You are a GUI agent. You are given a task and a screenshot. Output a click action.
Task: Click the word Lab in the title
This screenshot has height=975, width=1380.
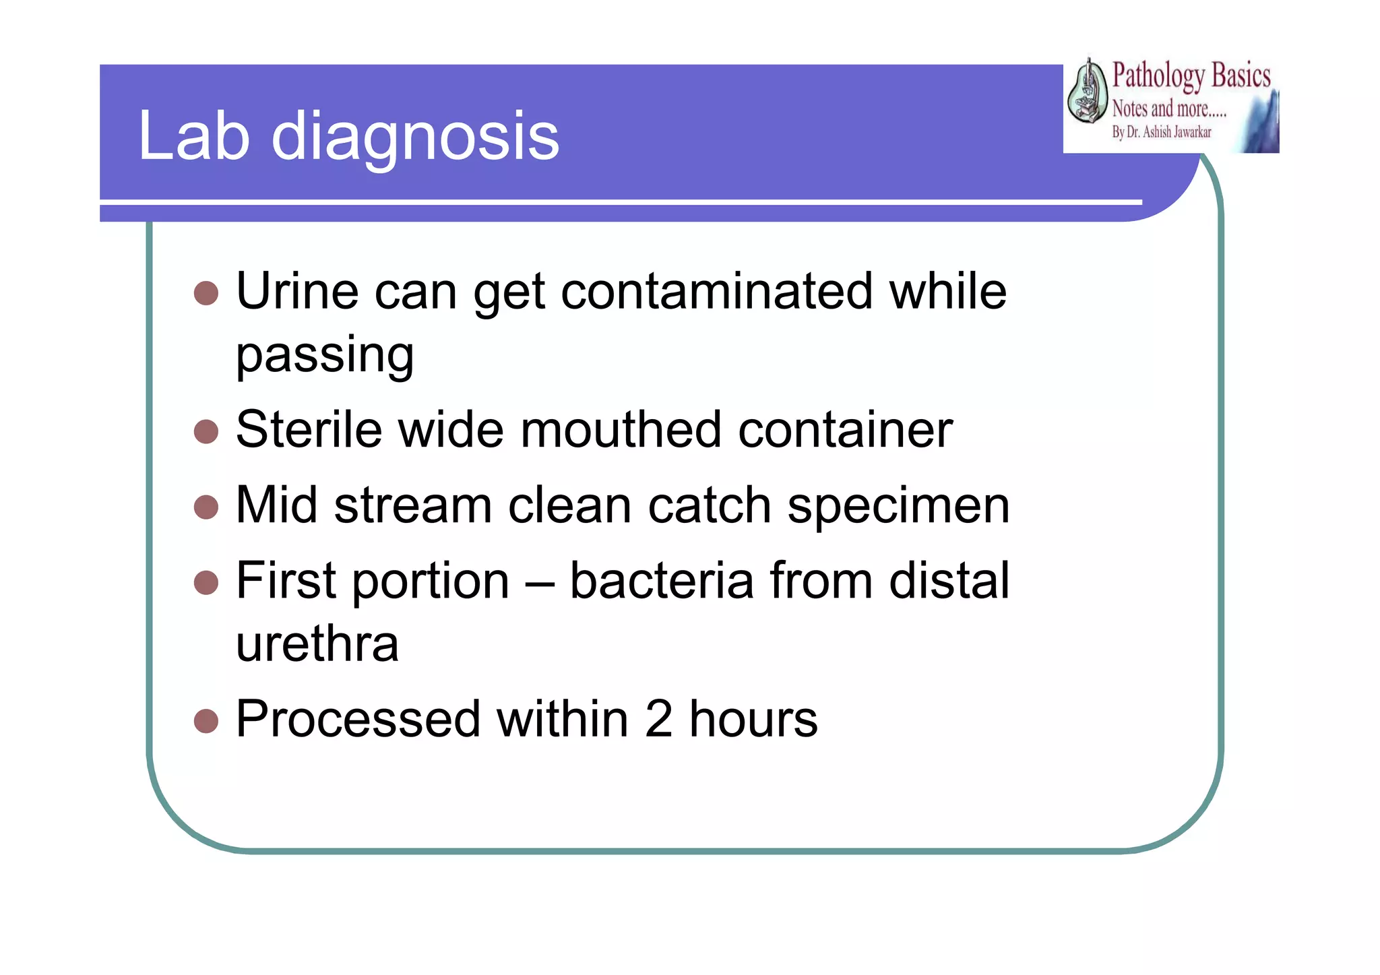[194, 137]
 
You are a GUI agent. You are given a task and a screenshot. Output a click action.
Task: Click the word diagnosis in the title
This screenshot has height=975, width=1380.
[415, 138]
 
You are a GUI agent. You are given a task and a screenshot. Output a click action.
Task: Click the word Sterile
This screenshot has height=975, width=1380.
[309, 430]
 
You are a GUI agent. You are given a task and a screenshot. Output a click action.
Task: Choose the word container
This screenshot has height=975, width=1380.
[845, 430]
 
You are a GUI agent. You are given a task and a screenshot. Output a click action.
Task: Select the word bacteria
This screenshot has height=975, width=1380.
[662, 581]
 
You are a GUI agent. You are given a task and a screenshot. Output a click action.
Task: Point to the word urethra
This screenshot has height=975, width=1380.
[317, 644]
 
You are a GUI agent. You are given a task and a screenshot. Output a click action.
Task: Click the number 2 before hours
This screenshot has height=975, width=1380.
[658, 720]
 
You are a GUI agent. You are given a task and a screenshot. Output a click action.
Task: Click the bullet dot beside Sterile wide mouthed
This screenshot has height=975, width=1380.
[206, 432]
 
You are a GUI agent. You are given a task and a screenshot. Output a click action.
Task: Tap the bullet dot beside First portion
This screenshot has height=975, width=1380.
[206, 583]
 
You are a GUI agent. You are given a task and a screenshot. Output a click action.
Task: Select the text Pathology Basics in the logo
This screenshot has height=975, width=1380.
[1191, 75]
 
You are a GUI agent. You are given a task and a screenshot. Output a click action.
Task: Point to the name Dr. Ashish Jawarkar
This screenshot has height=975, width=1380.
[1168, 133]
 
